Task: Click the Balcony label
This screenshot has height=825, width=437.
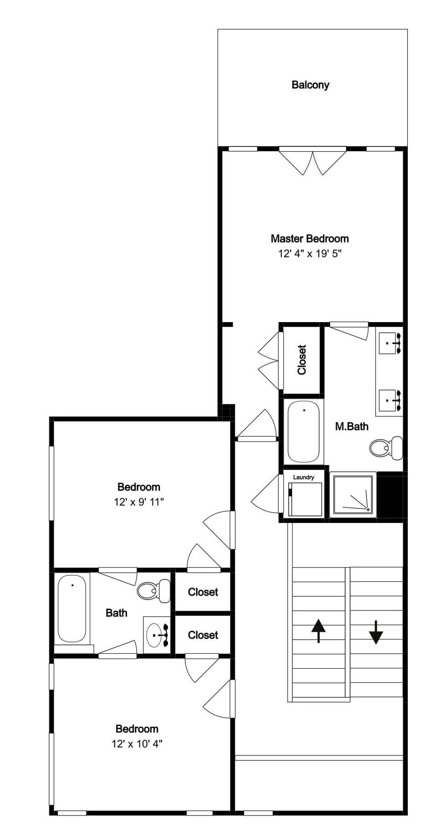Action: pos(310,85)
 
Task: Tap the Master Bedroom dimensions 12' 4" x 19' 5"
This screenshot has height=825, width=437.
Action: pos(310,254)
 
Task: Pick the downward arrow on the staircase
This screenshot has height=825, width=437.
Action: pos(376,632)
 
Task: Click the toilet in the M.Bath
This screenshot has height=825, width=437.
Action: pos(385,448)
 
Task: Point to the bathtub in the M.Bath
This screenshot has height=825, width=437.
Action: pos(303,431)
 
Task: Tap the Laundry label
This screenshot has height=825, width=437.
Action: pos(303,477)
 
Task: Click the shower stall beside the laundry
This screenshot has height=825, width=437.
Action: pos(353,495)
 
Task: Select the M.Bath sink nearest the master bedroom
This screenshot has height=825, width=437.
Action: pos(391,343)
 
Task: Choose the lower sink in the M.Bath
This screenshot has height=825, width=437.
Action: pos(391,400)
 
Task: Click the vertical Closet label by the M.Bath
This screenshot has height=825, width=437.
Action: pos(302,360)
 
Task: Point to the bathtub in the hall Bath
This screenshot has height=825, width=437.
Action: pos(71,608)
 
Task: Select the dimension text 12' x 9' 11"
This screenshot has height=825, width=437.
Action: pos(138,502)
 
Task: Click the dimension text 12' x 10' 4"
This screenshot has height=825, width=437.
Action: pos(137,744)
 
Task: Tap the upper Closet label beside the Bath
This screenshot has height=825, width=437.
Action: pos(203,592)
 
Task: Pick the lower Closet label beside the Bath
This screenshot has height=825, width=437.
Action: pos(203,635)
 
